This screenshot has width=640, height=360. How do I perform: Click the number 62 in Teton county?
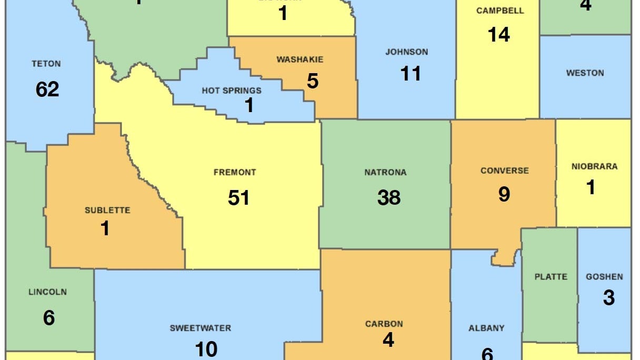47,89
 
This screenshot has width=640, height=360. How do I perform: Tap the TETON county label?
46,64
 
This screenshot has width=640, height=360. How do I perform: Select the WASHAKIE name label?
300,59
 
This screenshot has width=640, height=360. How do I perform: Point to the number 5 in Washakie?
313,82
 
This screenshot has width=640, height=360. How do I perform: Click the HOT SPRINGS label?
232,91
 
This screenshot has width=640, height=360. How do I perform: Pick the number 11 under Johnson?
411,74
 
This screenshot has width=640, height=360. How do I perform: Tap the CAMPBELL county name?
500,11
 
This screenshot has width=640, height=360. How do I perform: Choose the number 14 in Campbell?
498,35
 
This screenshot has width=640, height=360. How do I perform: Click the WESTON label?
585,73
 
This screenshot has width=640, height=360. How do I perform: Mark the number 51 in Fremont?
239,198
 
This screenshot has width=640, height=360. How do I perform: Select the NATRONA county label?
385,172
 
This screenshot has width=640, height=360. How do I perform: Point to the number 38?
389,197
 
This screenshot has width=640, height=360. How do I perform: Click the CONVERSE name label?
504,171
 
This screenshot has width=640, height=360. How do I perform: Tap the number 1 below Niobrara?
591,187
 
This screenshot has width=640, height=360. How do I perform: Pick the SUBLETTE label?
107,211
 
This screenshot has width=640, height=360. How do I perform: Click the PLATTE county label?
551,276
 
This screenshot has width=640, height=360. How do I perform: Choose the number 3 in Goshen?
608,298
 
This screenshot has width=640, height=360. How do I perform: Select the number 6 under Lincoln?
49,317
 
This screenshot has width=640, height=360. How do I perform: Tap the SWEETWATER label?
200,328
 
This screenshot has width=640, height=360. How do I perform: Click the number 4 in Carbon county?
388,340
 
